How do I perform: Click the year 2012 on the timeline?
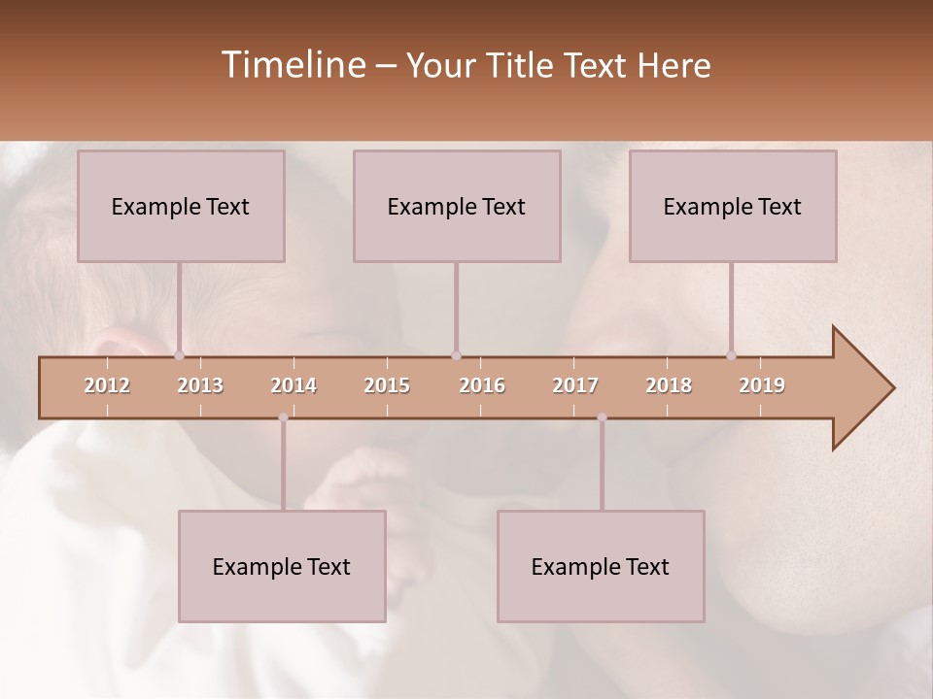(x=107, y=385)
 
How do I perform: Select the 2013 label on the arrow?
(x=200, y=385)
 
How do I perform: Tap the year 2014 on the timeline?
(x=294, y=385)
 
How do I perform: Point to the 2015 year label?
(x=387, y=385)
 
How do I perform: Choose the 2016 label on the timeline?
(x=482, y=385)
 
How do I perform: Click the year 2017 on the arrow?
(x=575, y=385)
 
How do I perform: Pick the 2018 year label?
(x=669, y=385)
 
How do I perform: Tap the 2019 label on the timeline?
(x=762, y=385)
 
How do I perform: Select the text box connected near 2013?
(x=181, y=206)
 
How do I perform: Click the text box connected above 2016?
(x=457, y=206)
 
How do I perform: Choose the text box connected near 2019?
(x=733, y=206)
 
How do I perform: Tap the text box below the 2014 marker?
(x=282, y=566)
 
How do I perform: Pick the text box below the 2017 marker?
(x=601, y=566)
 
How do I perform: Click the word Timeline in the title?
(x=292, y=65)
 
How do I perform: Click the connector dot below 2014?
(x=283, y=417)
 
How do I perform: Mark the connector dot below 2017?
(x=602, y=417)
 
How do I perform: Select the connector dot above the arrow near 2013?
(x=179, y=355)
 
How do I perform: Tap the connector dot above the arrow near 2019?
(x=731, y=355)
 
